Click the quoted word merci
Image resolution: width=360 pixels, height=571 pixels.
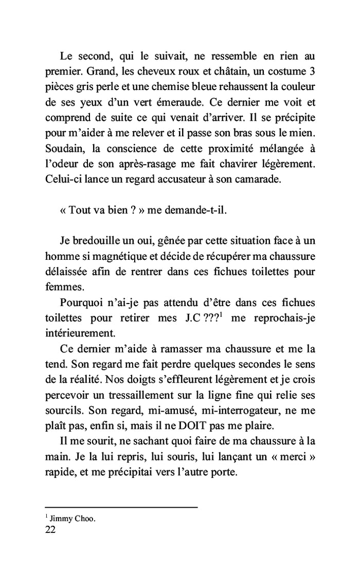[295, 457]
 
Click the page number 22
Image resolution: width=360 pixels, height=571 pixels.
[50, 531]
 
